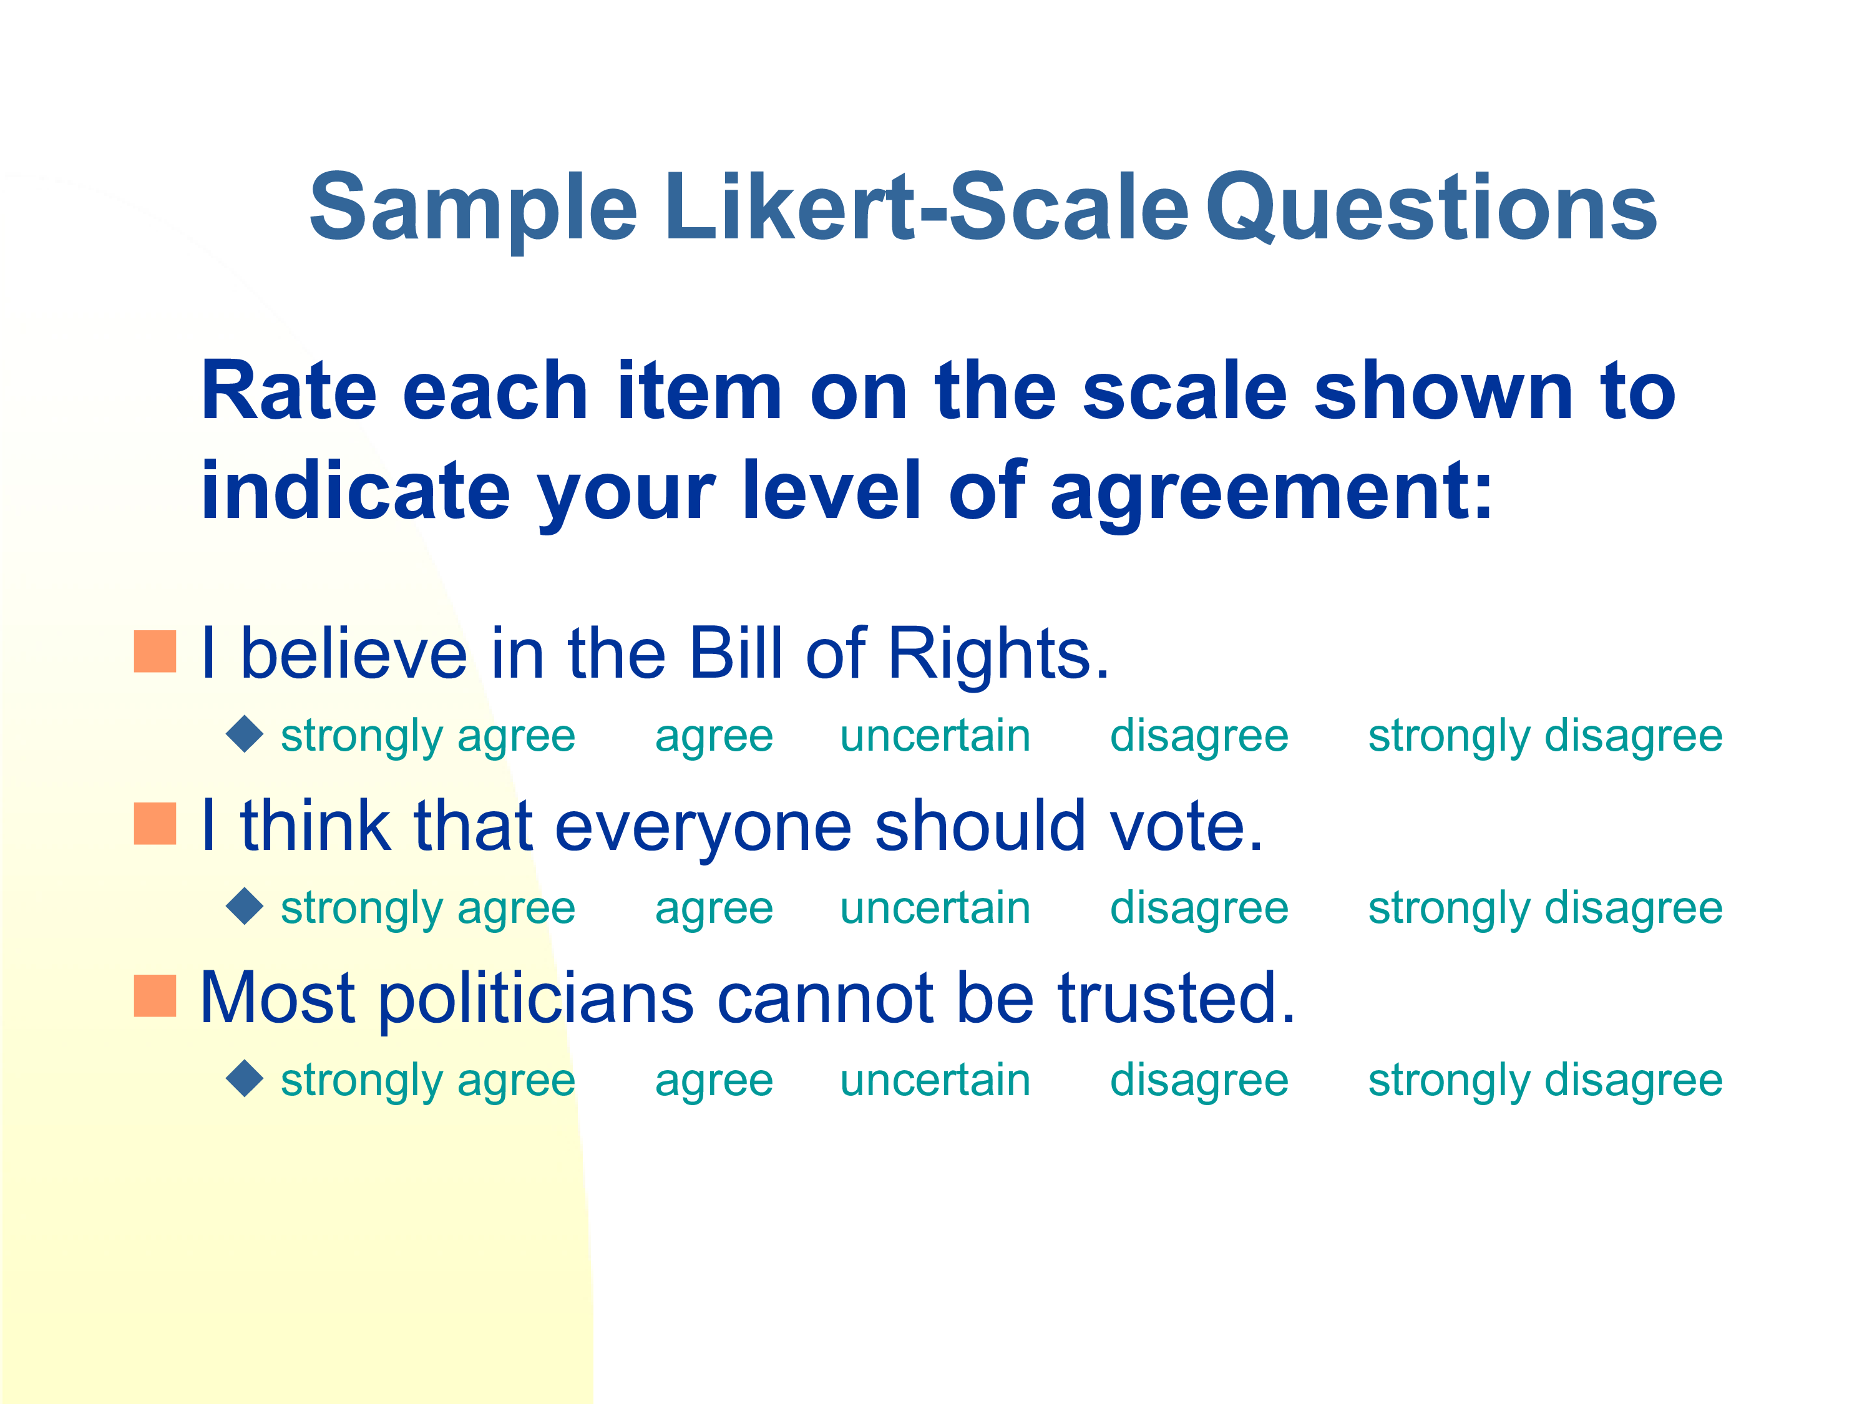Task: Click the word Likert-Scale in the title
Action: (x=927, y=207)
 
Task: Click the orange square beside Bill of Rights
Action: (x=155, y=651)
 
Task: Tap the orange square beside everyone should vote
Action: (x=155, y=824)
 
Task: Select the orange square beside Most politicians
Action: (x=155, y=995)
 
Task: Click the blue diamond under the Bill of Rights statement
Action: (x=245, y=734)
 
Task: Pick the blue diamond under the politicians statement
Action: (x=245, y=1078)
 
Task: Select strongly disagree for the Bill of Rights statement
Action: (x=1545, y=736)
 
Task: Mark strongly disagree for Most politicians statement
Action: (x=1545, y=1081)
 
